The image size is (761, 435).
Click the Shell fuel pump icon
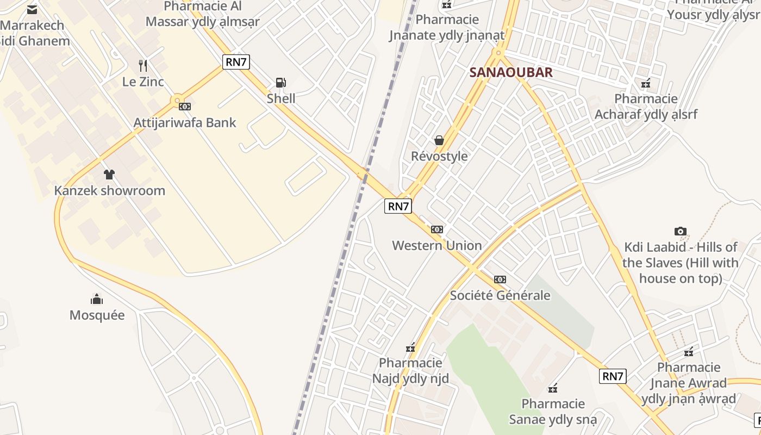280,83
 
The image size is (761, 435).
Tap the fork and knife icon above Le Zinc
143,66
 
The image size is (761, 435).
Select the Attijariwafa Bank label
185,122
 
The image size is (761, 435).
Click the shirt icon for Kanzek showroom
109,175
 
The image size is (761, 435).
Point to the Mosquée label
97,315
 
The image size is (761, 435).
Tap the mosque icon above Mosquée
97,299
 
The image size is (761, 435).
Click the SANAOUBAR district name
511,72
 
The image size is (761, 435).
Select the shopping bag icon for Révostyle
439,140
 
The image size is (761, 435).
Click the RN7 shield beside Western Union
398,206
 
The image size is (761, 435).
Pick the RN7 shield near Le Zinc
236,62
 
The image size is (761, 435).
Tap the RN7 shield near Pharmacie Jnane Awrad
613,376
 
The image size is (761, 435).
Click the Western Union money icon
437,229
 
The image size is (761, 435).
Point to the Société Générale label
500,295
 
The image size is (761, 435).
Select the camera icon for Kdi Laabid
680,231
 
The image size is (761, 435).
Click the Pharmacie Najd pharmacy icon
410,347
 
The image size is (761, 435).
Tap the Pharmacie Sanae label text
553,412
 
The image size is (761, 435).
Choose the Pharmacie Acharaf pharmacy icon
646,83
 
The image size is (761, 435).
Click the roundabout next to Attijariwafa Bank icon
176,101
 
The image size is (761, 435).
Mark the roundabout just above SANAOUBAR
498,53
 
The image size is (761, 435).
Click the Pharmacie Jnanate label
447,28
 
